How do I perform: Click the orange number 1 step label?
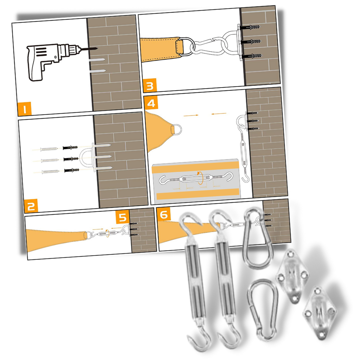(x=24, y=109)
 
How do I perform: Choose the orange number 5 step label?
(x=122, y=218)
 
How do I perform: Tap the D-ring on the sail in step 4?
(x=176, y=128)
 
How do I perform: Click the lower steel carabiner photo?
(x=262, y=309)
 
